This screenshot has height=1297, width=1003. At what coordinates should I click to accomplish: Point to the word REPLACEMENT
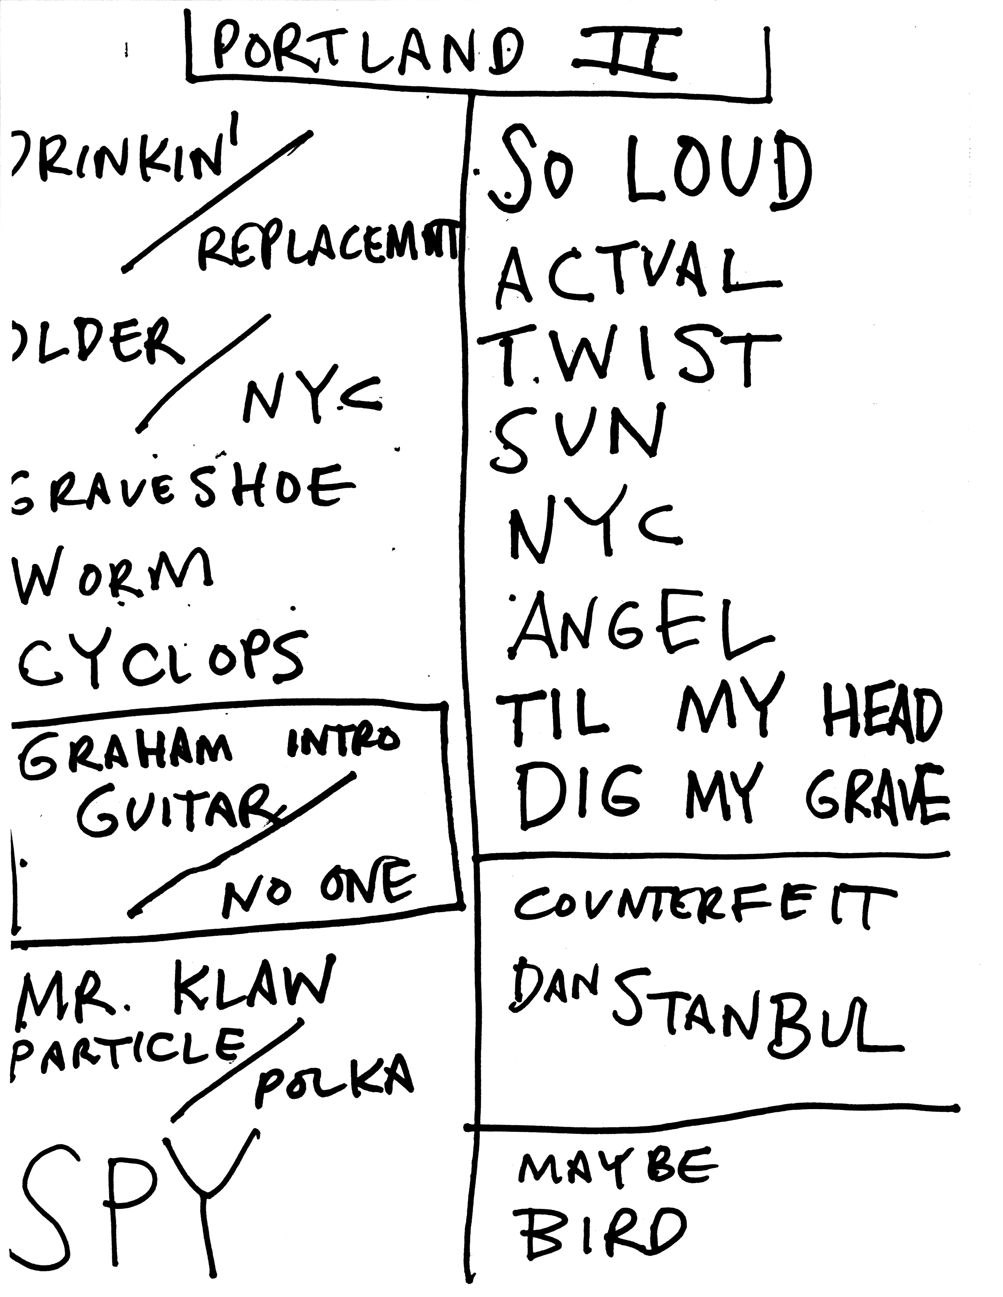point(327,250)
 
